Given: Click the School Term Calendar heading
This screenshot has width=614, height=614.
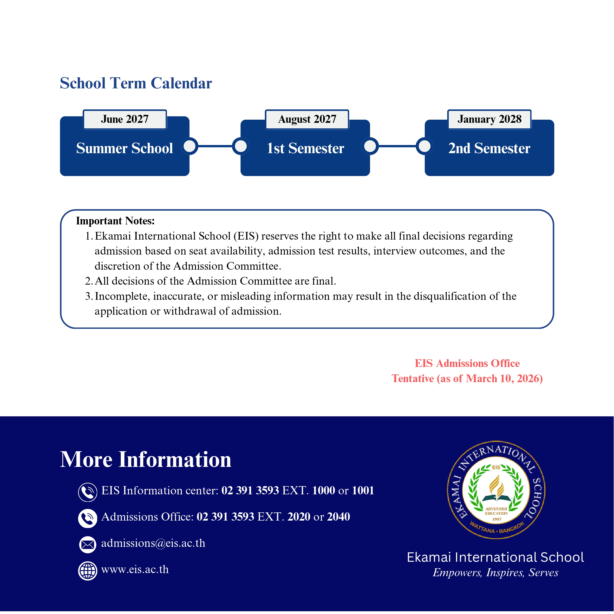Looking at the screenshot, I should (x=136, y=83).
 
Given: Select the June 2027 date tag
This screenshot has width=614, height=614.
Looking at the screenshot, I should (x=124, y=119).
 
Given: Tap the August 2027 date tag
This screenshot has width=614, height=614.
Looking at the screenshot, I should (x=307, y=119).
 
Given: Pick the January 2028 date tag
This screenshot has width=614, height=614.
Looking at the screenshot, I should (x=490, y=119).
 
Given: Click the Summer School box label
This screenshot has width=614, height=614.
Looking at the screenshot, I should (x=124, y=148).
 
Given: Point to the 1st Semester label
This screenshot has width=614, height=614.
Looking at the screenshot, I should (x=305, y=148).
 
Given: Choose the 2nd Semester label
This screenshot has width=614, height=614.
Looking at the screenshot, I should (x=489, y=148).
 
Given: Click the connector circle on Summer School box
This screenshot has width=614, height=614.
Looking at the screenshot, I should (x=190, y=146).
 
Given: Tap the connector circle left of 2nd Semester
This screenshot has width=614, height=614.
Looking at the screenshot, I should (x=425, y=146).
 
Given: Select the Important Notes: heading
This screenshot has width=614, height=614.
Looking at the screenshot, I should (x=115, y=221).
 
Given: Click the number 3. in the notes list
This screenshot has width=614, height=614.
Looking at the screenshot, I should (x=89, y=296).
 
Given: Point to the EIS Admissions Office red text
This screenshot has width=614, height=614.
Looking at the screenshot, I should (x=467, y=363).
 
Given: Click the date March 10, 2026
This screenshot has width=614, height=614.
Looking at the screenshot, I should (x=502, y=379).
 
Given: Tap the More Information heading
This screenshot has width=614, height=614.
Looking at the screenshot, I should (x=146, y=460).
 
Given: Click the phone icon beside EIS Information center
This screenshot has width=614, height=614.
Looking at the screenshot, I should (x=87, y=492).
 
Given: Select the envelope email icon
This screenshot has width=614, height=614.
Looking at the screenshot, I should (x=87, y=545).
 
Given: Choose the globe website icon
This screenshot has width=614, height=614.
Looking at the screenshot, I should (x=87, y=571).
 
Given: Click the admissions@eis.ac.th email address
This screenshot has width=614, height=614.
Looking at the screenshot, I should (x=153, y=543).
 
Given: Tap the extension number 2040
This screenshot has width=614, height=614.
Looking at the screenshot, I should (x=339, y=517).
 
